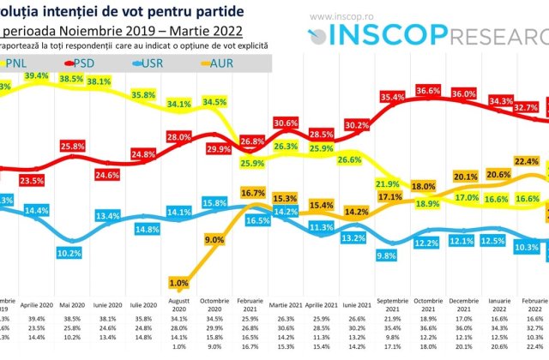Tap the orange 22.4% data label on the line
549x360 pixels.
527,160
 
